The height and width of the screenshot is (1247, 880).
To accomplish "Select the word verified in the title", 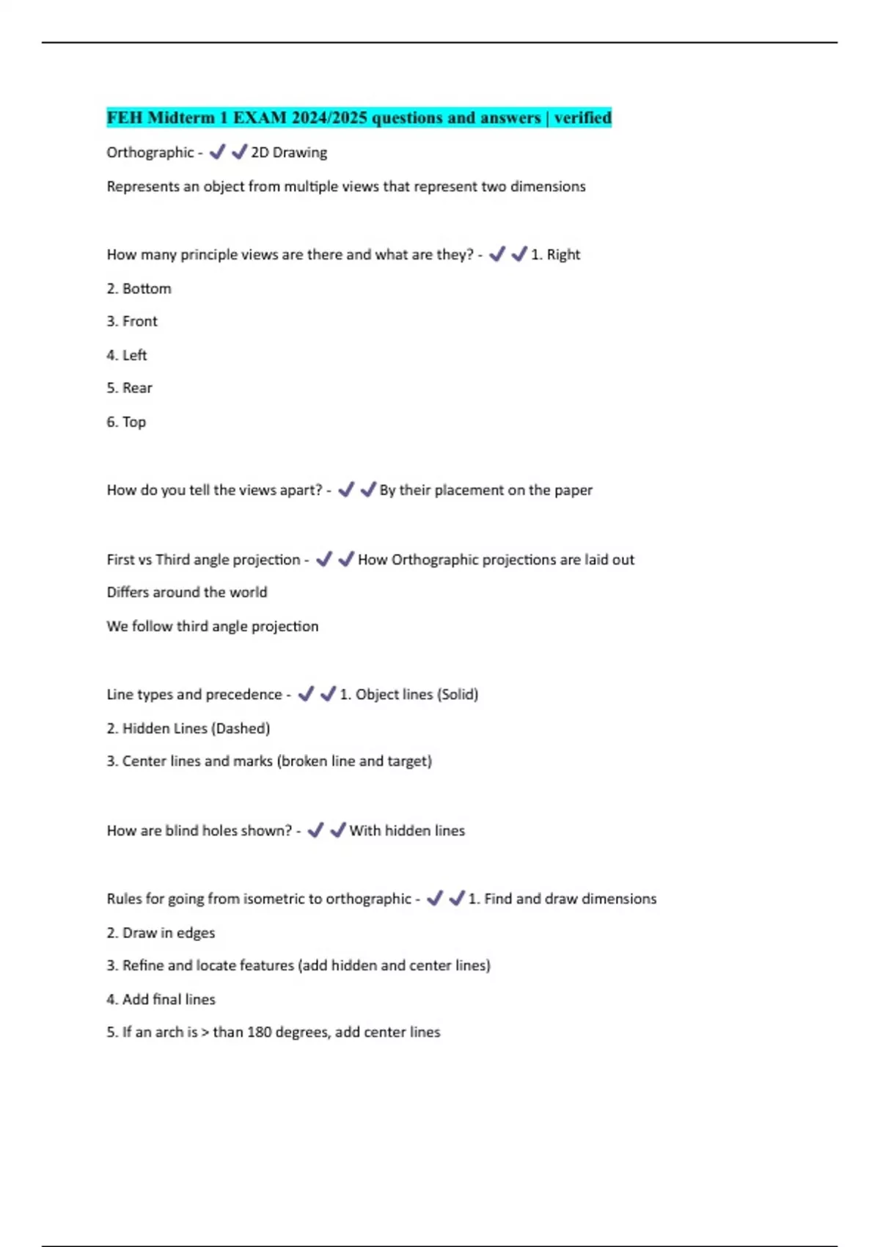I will click(x=582, y=117).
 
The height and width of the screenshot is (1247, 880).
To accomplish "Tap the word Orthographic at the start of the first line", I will click(x=150, y=153).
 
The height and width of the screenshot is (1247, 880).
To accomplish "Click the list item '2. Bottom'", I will click(x=139, y=289).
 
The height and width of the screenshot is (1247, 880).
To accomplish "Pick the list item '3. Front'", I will click(x=132, y=321).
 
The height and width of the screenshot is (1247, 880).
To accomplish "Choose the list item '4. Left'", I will click(x=127, y=355).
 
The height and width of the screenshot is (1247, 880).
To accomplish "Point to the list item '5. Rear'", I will click(x=129, y=388).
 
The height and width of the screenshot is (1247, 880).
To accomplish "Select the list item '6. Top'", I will click(x=126, y=422).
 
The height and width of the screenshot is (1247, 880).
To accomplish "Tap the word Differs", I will click(x=128, y=593).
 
